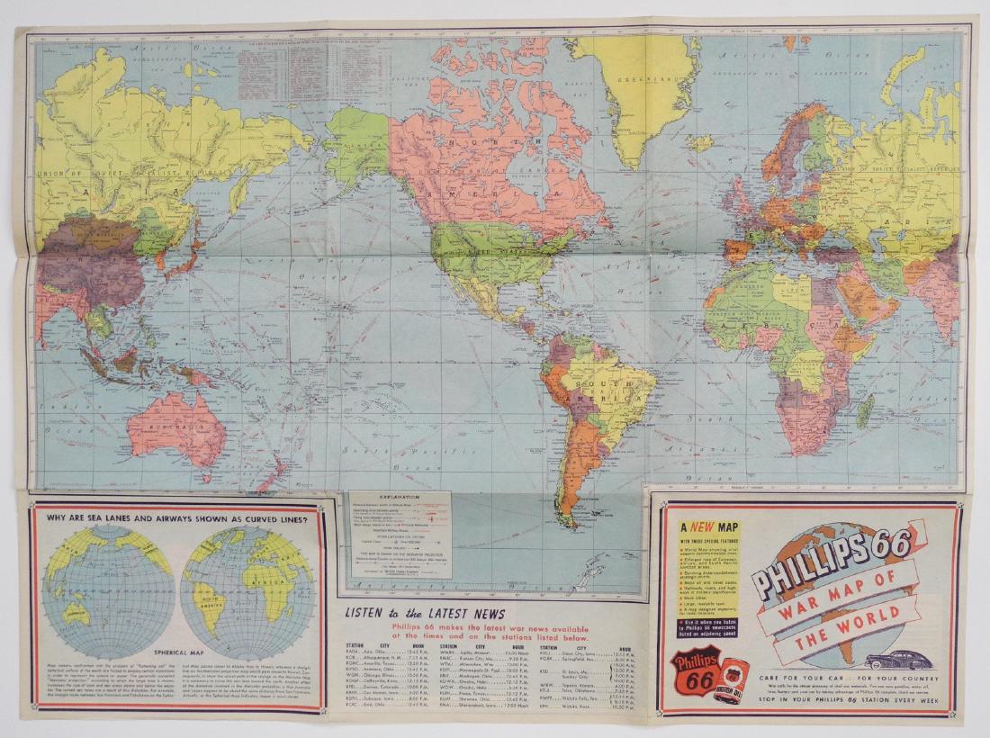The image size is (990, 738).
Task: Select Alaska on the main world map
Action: (x=357, y=144)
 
